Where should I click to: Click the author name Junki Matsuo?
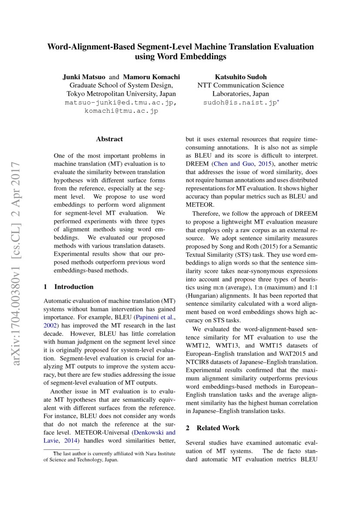82,77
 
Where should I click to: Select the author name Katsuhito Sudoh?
240,77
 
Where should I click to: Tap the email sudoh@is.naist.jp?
240,103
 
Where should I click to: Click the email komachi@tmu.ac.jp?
121,111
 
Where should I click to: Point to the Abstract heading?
109,139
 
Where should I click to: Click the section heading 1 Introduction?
69,287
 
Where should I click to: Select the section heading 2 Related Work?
212,428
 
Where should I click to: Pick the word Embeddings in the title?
207,57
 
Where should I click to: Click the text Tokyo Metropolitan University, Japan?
121,94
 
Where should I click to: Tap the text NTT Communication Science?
240,85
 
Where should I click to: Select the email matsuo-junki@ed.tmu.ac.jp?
121,103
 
